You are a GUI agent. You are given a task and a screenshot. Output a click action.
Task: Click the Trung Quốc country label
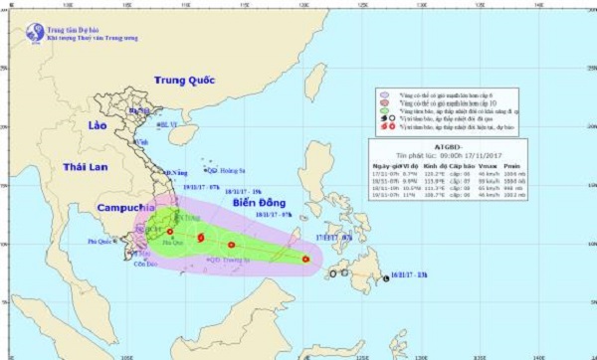(184, 80)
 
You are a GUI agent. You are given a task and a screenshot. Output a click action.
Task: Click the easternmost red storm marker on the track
(305, 260)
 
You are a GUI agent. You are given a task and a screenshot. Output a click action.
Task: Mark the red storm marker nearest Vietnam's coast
(169, 232)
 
